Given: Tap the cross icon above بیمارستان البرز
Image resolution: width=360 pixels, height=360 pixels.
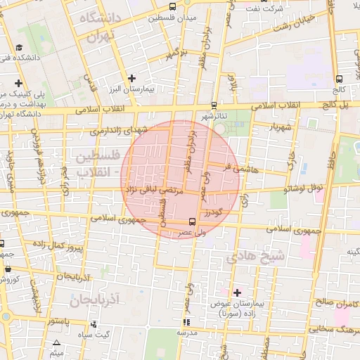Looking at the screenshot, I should (x=131, y=78).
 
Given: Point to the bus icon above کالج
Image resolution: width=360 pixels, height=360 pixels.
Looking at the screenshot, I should (x=340, y=79).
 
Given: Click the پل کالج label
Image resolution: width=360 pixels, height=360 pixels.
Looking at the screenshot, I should (x=336, y=105).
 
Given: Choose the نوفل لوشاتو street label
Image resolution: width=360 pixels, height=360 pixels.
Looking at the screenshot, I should (x=302, y=188).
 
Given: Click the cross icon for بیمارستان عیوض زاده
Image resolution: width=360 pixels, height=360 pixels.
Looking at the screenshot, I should (x=237, y=292).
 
